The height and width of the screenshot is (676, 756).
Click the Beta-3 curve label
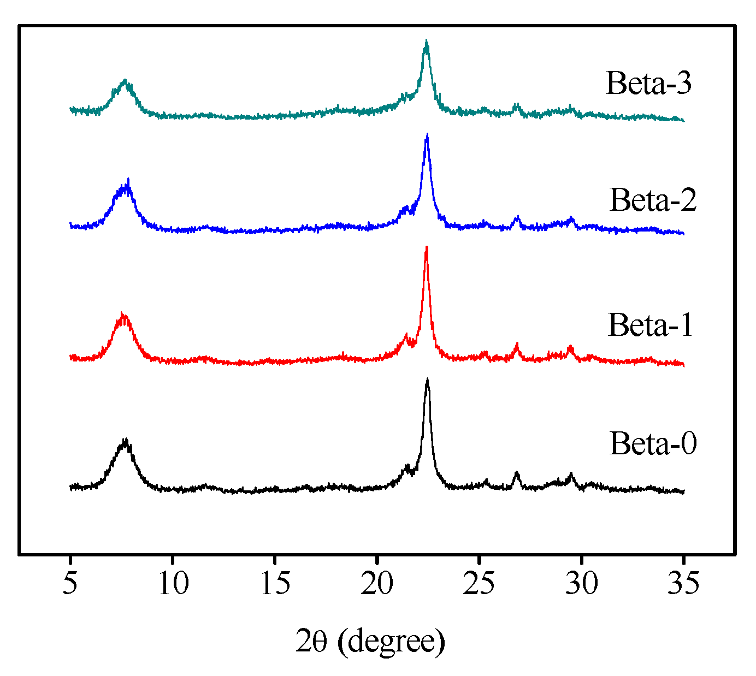click(x=649, y=84)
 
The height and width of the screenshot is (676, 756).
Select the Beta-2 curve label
click(x=653, y=200)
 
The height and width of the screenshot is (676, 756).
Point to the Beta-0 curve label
click(x=653, y=443)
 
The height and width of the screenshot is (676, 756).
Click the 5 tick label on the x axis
click(x=70, y=583)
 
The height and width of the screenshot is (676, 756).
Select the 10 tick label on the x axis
click(x=173, y=583)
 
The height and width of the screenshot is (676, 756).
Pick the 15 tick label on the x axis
click(x=275, y=583)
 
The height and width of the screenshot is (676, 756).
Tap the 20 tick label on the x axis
click(x=377, y=583)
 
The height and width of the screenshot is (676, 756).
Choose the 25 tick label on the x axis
click(x=479, y=583)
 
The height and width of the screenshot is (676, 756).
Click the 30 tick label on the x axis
click(x=581, y=583)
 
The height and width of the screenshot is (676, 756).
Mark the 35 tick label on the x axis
click(x=683, y=583)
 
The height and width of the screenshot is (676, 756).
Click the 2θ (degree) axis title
click(x=370, y=641)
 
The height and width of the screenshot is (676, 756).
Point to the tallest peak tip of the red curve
click(x=426, y=247)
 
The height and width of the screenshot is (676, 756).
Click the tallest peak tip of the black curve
click(x=427, y=379)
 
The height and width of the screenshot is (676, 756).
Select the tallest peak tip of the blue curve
click(x=427, y=135)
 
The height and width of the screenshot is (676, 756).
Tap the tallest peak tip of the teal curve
click(x=426, y=41)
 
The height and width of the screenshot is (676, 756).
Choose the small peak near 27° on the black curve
click(x=516, y=473)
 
